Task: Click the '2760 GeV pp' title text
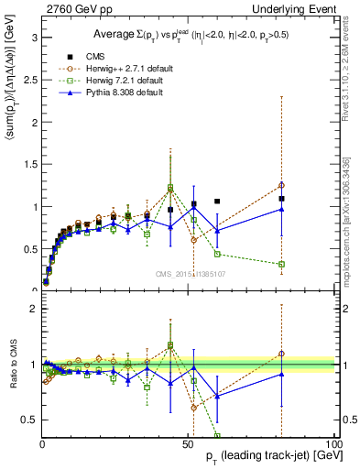(x=74, y=7)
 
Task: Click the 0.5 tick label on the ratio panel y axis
(x=29, y=420)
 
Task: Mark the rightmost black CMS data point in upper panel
(x=281, y=199)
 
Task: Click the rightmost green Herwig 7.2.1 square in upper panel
(x=281, y=264)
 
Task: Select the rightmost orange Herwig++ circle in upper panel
(x=281, y=185)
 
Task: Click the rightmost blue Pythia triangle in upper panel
(x=281, y=209)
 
